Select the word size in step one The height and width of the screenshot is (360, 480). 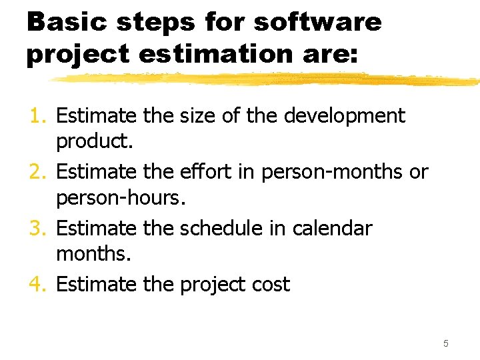pyautogui.click(x=197, y=116)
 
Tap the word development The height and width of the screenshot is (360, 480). pyautogui.click(x=344, y=116)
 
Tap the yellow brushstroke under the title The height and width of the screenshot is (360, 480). pyautogui.click(x=267, y=79)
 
